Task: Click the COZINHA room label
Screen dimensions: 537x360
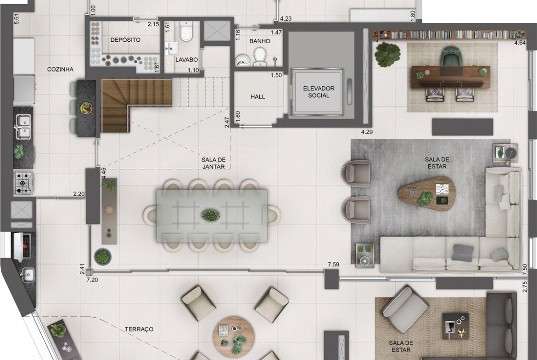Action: click(x=60, y=69)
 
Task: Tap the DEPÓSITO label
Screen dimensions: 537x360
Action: click(x=125, y=40)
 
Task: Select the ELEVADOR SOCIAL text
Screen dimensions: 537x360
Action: click(x=319, y=92)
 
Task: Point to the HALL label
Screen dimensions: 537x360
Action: click(x=257, y=97)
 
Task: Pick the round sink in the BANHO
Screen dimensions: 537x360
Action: click(x=243, y=60)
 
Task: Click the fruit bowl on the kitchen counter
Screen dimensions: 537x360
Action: click(x=86, y=108)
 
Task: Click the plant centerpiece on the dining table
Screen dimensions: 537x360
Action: click(x=211, y=215)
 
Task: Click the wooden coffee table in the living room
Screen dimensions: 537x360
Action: click(x=427, y=194)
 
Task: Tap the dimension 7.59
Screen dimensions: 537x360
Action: click(x=333, y=264)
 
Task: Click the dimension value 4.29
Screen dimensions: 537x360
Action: click(x=367, y=132)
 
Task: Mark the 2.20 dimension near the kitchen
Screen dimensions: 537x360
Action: click(x=79, y=194)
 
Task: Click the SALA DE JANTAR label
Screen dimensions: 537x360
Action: click(x=213, y=163)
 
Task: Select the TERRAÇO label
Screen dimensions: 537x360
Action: click(x=139, y=329)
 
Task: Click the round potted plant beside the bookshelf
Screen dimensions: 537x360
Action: click(x=387, y=55)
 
